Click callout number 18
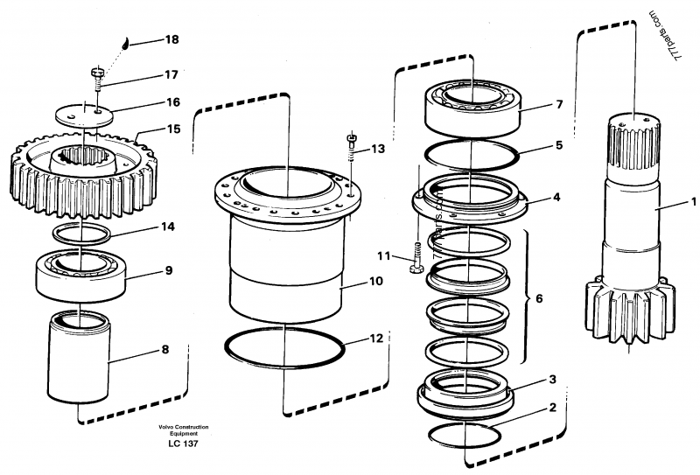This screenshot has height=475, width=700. tap(171, 40)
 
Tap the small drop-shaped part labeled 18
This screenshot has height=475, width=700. tap(124, 44)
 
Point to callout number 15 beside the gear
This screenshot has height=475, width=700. tap(173, 129)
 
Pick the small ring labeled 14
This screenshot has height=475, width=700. tap(81, 234)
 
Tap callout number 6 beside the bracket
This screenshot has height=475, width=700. tap(539, 298)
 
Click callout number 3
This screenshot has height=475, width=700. tap(552, 381)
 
